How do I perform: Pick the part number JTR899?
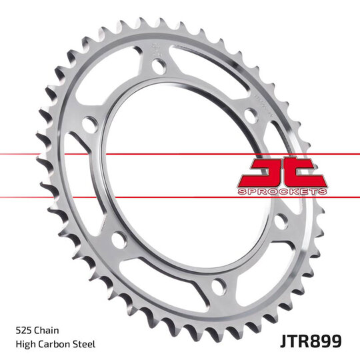[x=311, y=341]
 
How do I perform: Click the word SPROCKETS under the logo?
[x=282, y=191]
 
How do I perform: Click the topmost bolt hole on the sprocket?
[x=159, y=66]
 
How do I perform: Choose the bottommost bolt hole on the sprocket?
[x=218, y=287]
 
